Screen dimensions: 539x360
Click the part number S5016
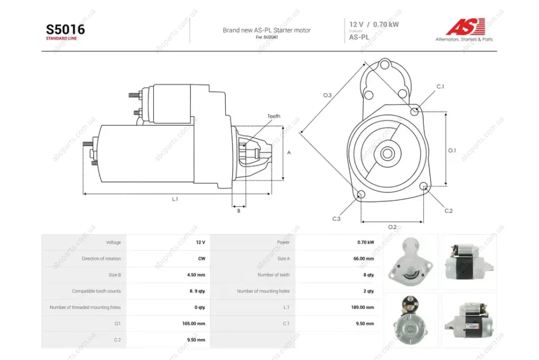tap(65, 30)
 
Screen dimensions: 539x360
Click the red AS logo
tap(465, 27)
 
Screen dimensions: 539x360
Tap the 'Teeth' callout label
tap(273, 116)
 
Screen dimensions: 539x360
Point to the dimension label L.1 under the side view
tap(175, 199)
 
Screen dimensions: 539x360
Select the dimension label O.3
tap(327, 95)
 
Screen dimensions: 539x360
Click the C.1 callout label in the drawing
tap(440, 87)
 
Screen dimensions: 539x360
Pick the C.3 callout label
tap(336, 219)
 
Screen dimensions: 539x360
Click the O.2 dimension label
tap(392, 227)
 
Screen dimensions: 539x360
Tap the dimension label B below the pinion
tap(238, 211)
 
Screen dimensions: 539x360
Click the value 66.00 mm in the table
tap(364, 258)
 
